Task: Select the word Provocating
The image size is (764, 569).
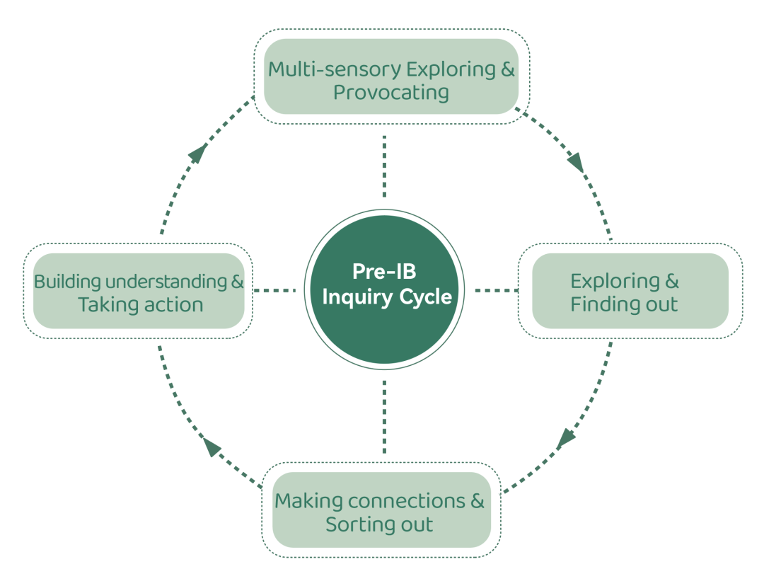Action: point(390,93)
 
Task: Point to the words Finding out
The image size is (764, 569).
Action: point(624,305)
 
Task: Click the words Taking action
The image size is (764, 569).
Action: point(140,305)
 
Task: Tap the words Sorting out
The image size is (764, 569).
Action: point(379,525)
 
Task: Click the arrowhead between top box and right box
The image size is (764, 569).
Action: point(576,162)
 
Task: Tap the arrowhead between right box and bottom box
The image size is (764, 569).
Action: point(566,438)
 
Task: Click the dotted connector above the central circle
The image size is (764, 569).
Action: point(384,166)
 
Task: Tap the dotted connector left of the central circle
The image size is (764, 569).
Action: point(274,289)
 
